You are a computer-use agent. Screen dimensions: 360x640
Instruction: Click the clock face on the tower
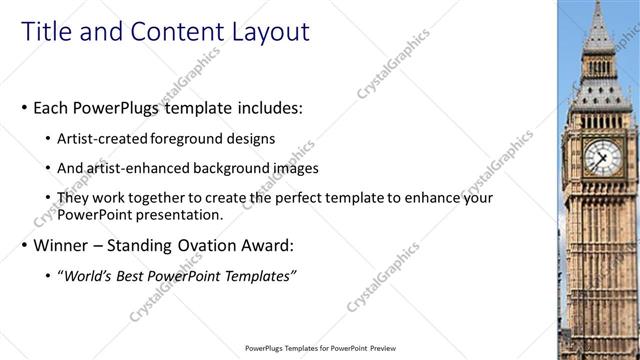(x=602, y=156)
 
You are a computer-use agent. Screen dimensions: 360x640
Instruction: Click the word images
(x=292, y=168)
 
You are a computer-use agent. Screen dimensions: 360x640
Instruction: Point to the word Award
(x=264, y=245)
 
